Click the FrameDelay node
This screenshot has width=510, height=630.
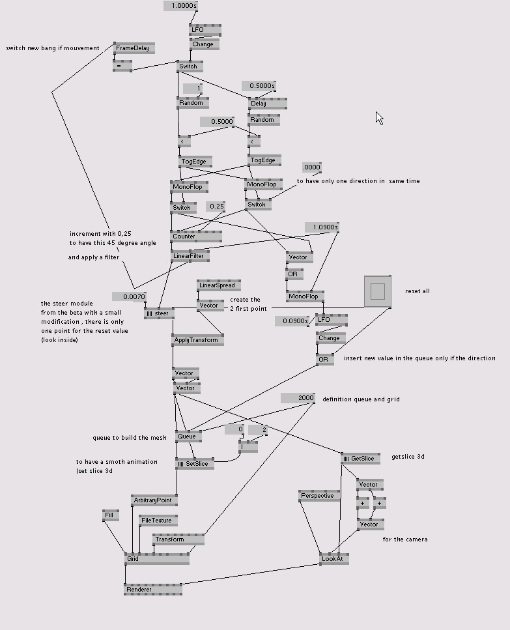133,48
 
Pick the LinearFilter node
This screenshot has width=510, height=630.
190,256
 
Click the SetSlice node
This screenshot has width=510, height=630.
194,464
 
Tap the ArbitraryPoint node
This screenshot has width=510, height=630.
154,500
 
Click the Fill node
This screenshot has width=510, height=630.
111,515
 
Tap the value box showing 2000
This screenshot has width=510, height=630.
298,398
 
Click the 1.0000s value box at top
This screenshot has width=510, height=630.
180,6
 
